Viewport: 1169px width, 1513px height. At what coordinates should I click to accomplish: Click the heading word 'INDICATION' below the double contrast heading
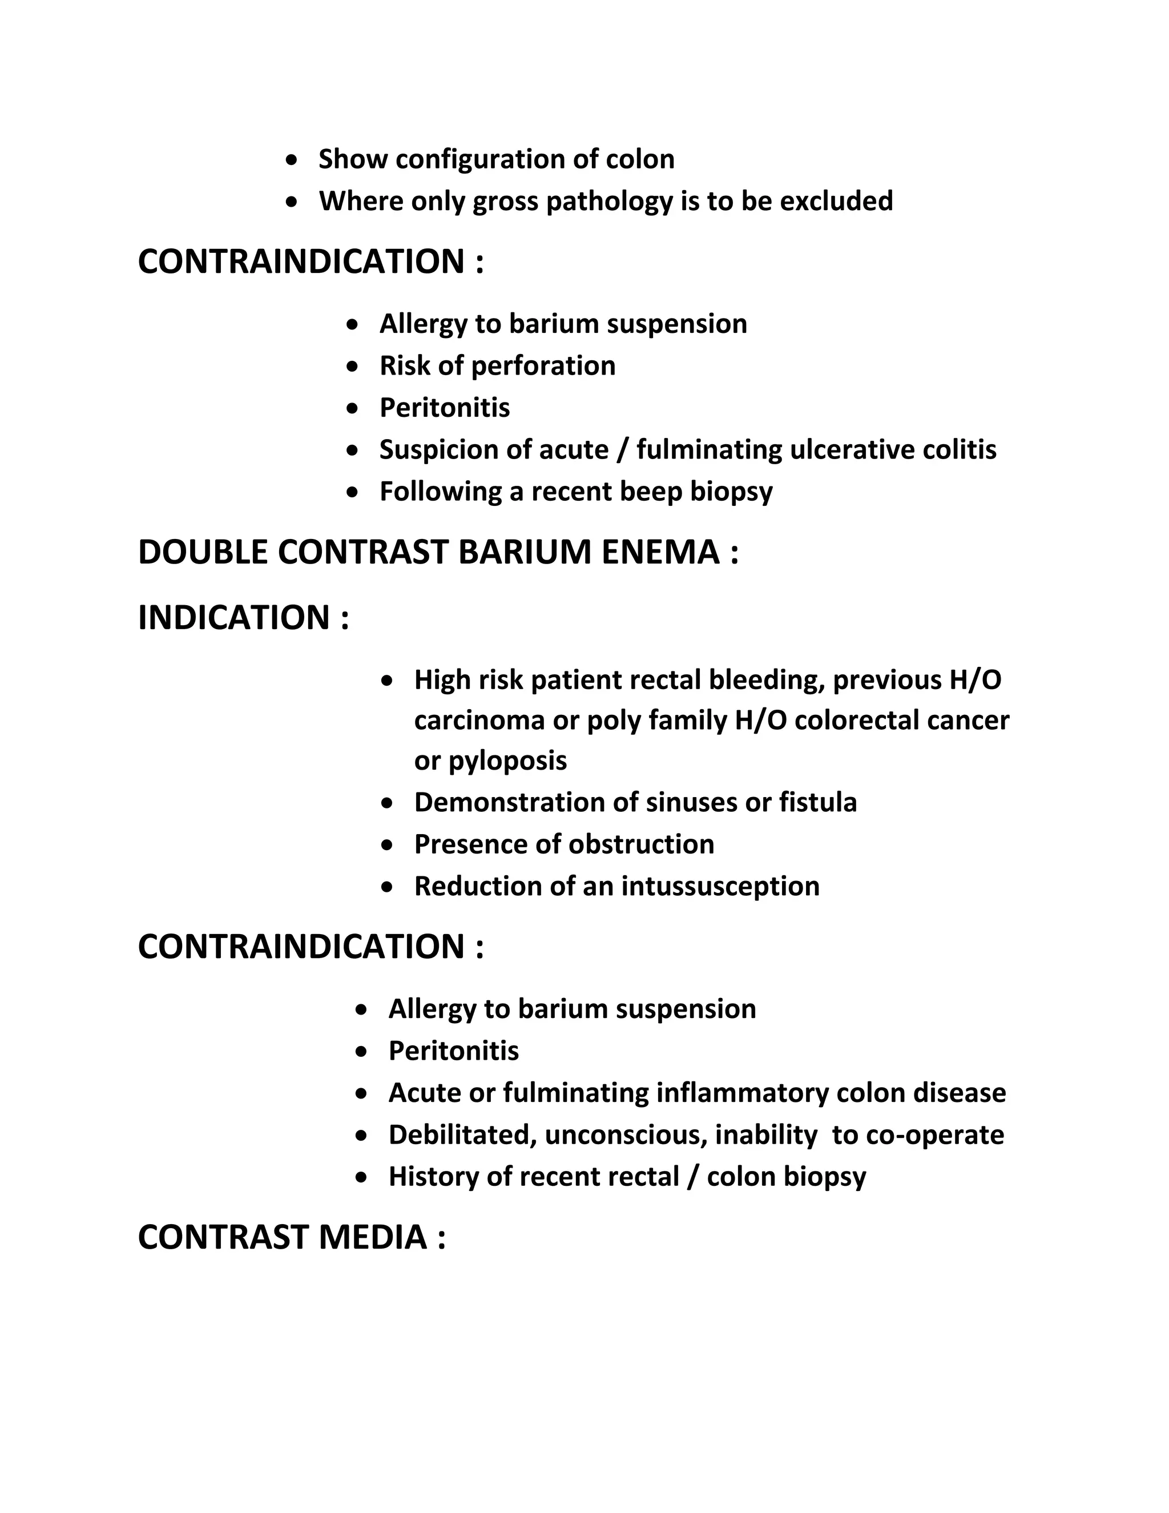coord(234,618)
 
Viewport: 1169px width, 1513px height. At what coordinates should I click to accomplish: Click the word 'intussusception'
coord(720,887)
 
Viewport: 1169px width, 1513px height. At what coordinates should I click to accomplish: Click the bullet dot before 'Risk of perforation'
coord(354,367)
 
